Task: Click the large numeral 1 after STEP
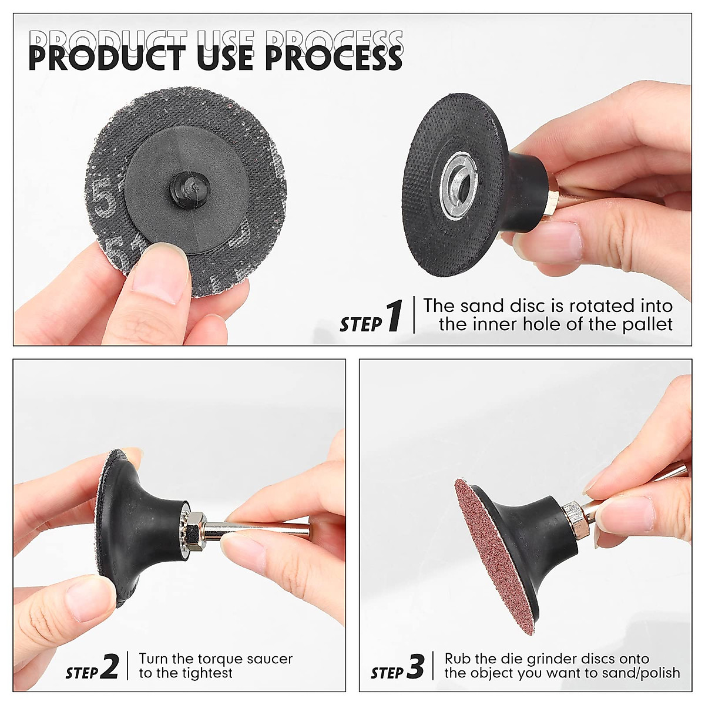[x=394, y=316]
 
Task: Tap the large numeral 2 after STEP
[x=110, y=666]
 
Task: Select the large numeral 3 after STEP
[x=415, y=666]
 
